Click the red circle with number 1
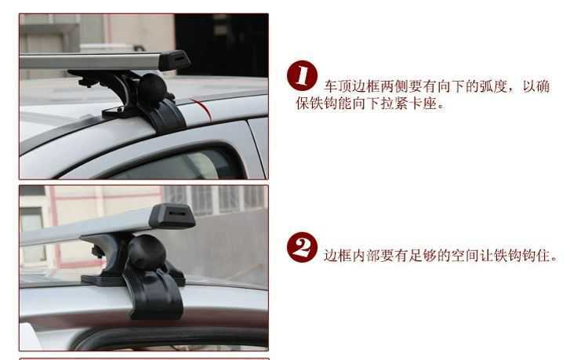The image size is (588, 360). click(x=303, y=75)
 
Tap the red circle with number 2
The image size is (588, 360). click(x=302, y=247)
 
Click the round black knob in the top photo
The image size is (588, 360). click(x=152, y=85)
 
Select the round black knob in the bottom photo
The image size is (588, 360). click(x=147, y=253)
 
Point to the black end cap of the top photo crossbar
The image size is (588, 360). click(x=174, y=60)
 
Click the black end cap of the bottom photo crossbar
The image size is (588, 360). click(x=172, y=216)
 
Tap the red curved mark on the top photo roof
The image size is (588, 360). click(x=202, y=109)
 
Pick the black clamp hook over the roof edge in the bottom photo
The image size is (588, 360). click(x=154, y=294)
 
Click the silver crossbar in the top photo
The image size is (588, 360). click(x=90, y=61)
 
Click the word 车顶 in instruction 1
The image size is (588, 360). click(x=337, y=86)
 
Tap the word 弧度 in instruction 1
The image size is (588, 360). click(x=493, y=86)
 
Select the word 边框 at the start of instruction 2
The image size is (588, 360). click(x=337, y=256)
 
